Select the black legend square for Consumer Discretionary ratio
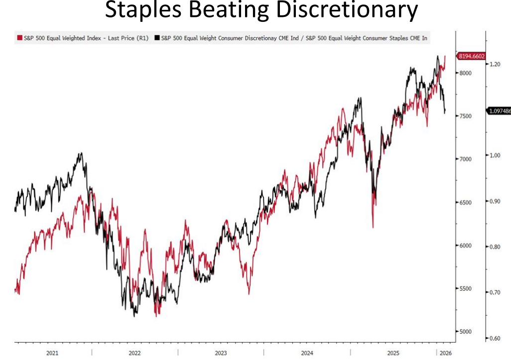[157, 37]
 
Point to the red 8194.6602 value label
[471, 56]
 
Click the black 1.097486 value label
[500, 111]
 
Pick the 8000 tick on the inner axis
[465, 73]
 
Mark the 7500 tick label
[465, 116]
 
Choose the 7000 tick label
[465, 159]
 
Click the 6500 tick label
[465, 202]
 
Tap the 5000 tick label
[465, 332]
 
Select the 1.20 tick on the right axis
[495, 64]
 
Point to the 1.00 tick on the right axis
[495, 155]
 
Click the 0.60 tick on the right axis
[495, 338]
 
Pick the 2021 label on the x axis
[52, 353]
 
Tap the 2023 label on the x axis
[221, 353]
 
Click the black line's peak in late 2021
[81, 153]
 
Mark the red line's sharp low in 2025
[373, 227]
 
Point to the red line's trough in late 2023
[249, 293]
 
